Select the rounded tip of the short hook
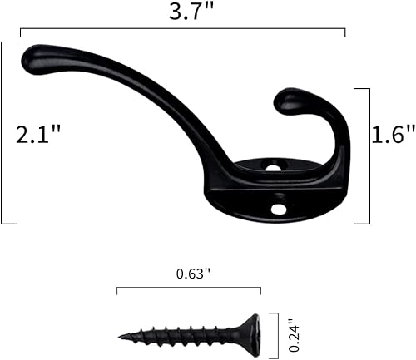(287, 101)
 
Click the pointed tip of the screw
(121, 337)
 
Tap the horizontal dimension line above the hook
(183, 32)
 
